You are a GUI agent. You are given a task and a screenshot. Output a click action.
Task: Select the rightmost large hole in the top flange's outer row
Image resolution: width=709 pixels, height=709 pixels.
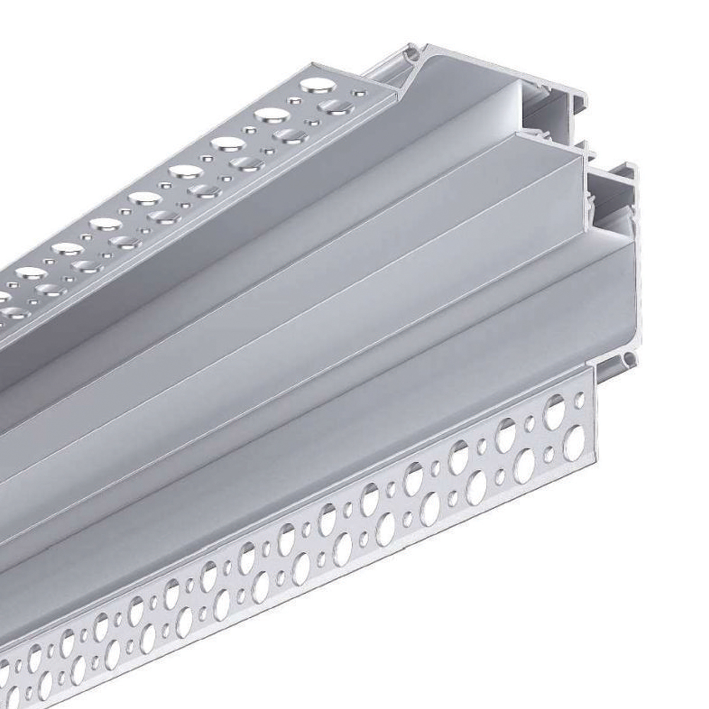[x=318, y=86]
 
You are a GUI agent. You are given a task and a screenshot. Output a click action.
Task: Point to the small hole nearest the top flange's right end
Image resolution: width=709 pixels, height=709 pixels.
[x=357, y=92]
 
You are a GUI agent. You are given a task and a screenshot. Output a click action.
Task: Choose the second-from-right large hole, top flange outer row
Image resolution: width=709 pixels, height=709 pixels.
[x=272, y=113]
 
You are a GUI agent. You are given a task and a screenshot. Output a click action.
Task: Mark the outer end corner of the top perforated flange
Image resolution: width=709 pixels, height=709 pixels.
[x=395, y=89]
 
